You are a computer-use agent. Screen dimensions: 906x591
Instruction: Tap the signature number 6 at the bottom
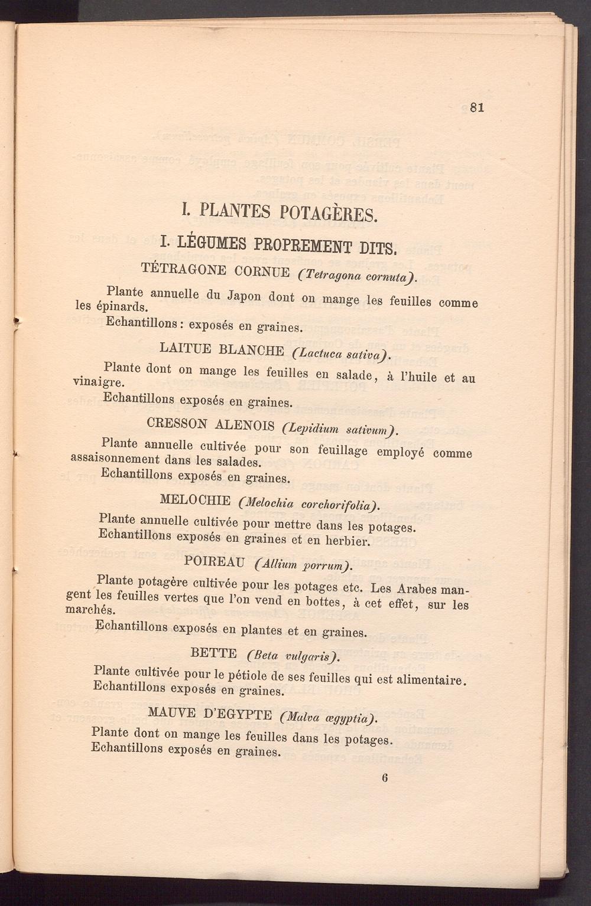[x=385, y=777]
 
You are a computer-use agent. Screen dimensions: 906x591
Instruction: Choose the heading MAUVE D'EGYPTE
[x=210, y=714]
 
